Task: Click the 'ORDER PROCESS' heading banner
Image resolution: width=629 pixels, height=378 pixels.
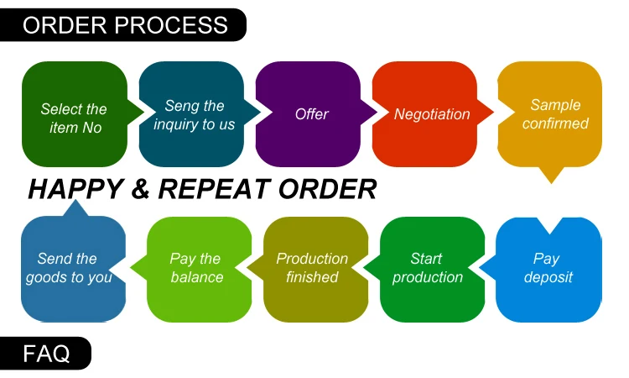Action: pos(126,25)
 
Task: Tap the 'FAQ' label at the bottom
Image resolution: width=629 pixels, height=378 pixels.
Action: pos(46,354)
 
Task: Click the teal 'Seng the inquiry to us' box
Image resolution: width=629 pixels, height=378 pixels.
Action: pos(194,114)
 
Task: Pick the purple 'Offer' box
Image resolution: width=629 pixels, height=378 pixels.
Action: pos(310,114)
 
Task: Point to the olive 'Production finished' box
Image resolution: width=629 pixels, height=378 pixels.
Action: pos(312,269)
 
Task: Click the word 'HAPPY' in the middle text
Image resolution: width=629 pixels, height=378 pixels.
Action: pos(75,190)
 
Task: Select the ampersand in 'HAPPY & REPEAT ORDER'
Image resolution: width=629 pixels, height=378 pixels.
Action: pos(139,190)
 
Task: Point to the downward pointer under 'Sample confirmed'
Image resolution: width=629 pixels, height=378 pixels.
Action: pos(550,175)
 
